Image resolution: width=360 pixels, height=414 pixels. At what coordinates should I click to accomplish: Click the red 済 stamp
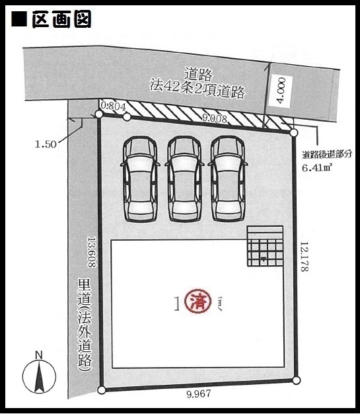(198, 302)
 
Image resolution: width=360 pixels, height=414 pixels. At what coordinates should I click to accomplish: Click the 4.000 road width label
(281, 91)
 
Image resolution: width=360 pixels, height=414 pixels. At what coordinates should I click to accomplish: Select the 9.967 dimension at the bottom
(199, 394)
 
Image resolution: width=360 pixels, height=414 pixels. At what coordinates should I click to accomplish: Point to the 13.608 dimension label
(92, 251)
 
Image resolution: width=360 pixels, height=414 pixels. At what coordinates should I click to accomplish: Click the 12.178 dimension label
(305, 257)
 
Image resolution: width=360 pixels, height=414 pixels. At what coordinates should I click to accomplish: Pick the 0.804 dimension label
(114, 106)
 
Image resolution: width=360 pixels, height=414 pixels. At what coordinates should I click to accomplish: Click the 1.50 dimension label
(46, 144)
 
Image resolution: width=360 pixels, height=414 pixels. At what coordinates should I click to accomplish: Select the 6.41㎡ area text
(317, 167)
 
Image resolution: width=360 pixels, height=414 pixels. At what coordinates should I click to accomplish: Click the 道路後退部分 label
(327, 155)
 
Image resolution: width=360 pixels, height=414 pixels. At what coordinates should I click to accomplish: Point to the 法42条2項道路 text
(198, 91)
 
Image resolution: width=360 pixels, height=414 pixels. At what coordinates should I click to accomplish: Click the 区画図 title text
(61, 19)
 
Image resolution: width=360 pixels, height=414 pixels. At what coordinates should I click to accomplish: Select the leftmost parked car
(140, 179)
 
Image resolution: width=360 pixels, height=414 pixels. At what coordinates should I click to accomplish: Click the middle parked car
(184, 179)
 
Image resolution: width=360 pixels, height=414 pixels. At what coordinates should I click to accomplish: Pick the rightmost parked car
(228, 179)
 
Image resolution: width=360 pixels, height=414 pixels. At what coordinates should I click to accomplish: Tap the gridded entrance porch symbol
(265, 246)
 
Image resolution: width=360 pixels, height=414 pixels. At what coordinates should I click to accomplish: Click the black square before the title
(19, 19)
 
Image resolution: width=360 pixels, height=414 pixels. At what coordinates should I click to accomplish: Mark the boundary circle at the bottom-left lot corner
(102, 390)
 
